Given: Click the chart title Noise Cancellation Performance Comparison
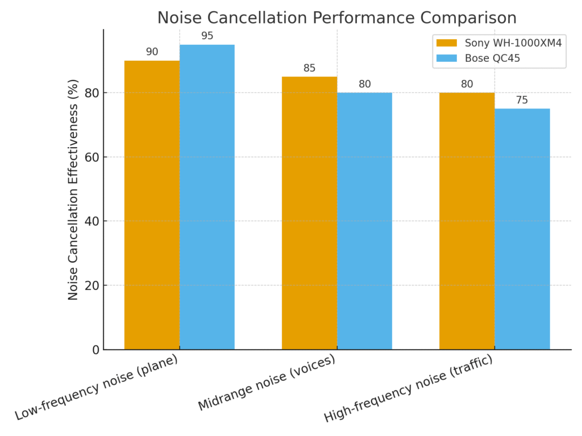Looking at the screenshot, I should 336,18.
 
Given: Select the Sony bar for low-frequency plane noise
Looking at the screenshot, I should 152,204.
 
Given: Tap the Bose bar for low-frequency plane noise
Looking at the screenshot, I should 207,196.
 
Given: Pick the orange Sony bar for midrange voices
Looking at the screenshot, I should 309,213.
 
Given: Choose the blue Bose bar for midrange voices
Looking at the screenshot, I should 364,221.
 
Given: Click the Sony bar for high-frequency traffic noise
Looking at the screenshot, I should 467,221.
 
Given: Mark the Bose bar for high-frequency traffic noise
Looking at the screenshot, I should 522,229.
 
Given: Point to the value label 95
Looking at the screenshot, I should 207,36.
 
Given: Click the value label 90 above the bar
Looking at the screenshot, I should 152,52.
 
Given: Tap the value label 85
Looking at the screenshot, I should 309,68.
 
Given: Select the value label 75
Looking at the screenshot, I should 522,100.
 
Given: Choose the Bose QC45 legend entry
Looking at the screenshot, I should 492,58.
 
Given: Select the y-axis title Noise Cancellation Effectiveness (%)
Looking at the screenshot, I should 73,189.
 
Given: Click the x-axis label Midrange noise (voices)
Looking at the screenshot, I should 267,384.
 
